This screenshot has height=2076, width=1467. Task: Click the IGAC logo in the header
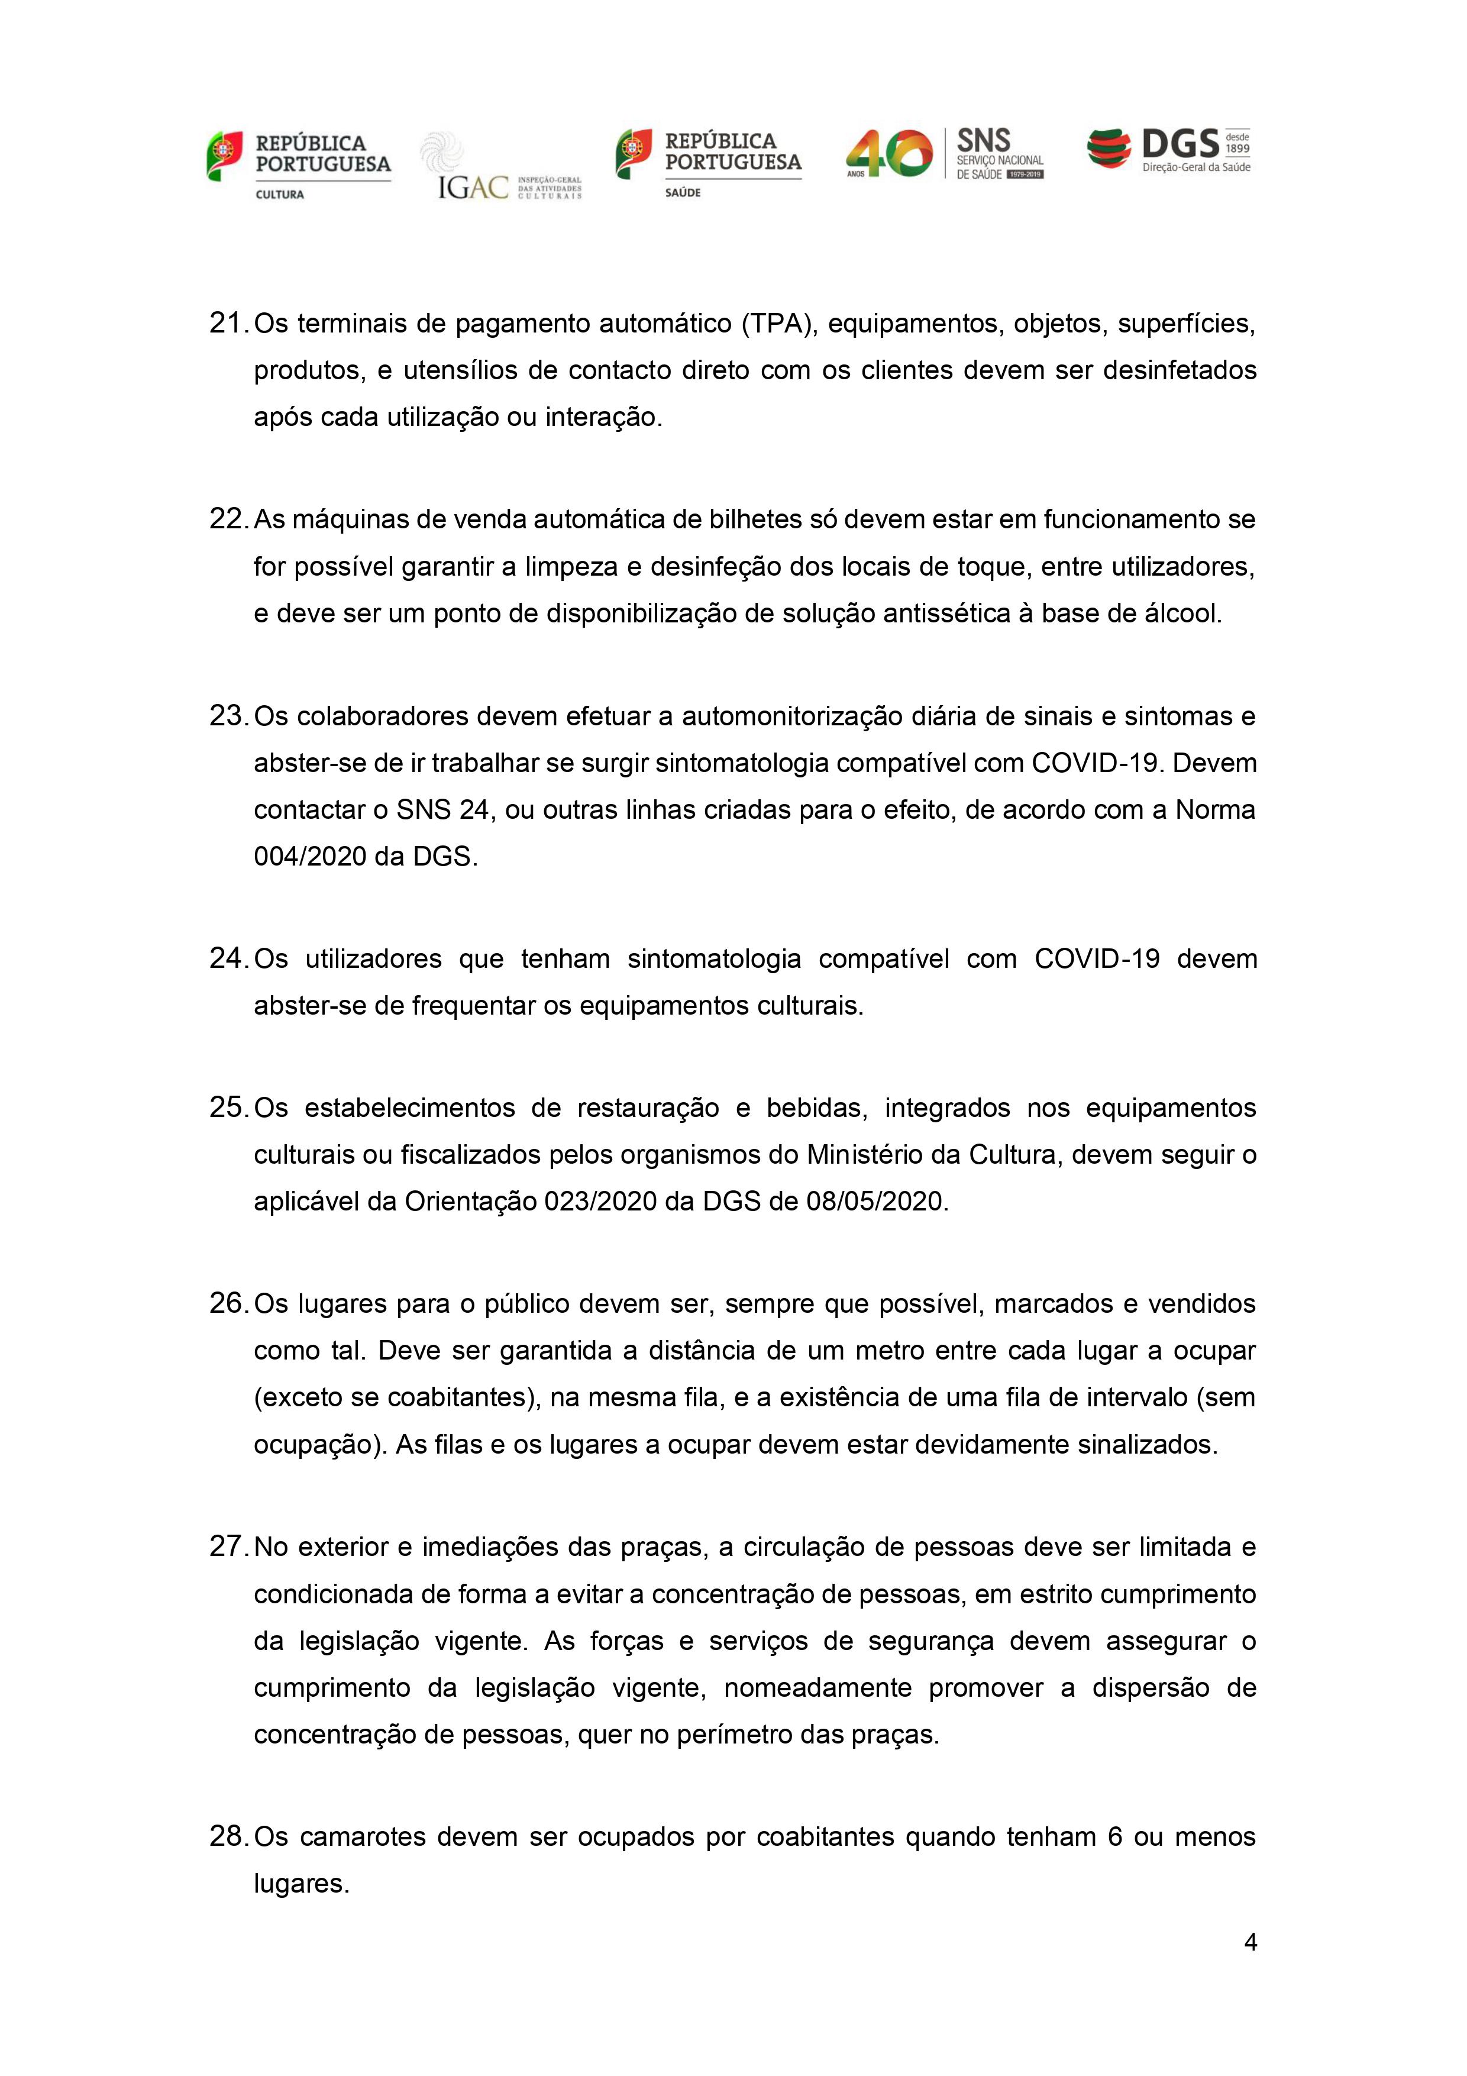click(x=500, y=167)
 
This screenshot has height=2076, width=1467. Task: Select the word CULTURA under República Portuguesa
click(x=280, y=195)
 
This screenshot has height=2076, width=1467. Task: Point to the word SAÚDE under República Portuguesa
click(x=683, y=193)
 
